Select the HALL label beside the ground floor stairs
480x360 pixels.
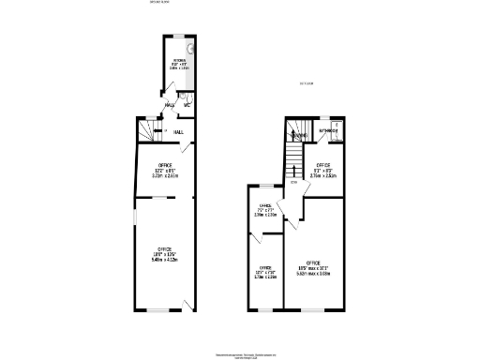point(177,131)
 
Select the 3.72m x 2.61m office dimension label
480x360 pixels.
point(165,175)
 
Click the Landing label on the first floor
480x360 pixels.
point(299,135)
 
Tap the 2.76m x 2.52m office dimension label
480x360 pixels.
point(322,173)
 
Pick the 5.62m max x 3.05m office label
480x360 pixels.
point(313,273)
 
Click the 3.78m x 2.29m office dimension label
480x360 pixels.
point(265,276)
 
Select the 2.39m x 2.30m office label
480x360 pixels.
point(265,214)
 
